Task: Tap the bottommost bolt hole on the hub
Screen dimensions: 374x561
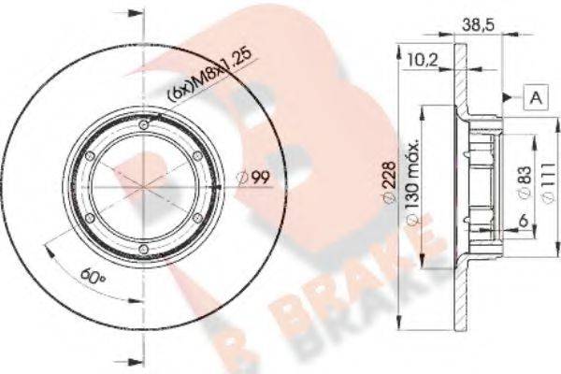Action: coord(143,247)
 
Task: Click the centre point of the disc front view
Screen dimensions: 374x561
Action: coord(143,187)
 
